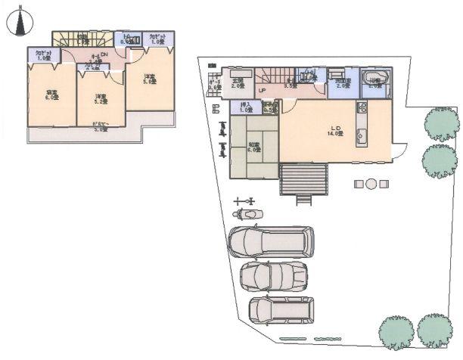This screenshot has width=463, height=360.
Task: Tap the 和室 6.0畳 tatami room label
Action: point(253,146)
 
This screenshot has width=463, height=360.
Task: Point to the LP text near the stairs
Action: point(262,92)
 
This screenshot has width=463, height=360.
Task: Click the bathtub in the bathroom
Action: point(376,79)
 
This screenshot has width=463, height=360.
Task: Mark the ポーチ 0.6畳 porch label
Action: point(215,85)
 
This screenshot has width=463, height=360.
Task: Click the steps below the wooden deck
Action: point(303,200)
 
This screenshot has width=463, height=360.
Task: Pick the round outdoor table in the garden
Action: point(371,184)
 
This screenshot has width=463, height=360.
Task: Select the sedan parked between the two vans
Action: point(273,276)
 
